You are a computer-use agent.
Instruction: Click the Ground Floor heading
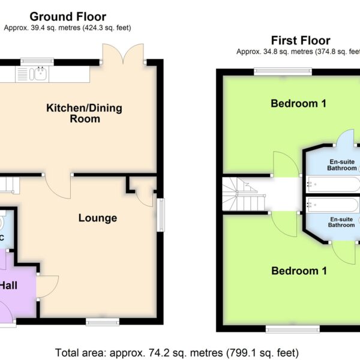point(68,17)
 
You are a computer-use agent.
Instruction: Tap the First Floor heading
point(301,41)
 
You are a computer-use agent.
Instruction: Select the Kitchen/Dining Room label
point(84,113)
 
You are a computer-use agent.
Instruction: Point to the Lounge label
point(98,218)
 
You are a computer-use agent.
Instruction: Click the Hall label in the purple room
point(9,286)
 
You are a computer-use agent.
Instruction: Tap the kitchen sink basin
point(41,73)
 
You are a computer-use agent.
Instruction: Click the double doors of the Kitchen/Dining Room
point(123,53)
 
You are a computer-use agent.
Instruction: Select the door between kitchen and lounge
point(58,186)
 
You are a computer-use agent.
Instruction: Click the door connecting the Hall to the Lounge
point(47,286)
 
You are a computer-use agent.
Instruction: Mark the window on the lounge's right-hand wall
point(161,215)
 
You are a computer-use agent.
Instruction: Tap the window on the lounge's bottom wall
point(103,322)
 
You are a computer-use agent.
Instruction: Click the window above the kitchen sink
point(37,62)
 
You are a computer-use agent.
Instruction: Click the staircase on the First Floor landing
point(244,194)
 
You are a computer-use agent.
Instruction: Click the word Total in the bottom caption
point(67,352)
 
